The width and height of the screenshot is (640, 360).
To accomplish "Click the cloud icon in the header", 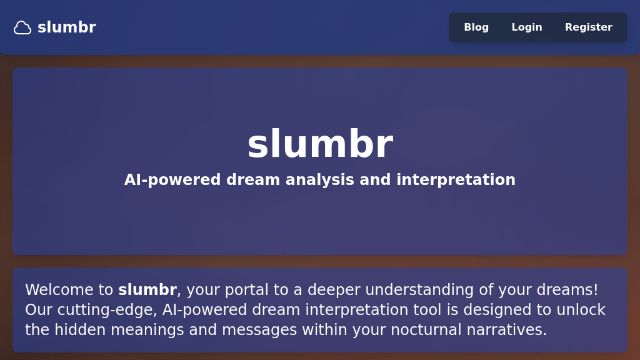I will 22,27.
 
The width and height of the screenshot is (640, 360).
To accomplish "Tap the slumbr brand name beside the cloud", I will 66,27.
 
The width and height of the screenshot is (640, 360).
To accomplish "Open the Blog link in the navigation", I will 476,27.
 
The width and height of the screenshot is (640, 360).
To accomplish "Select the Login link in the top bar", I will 527,27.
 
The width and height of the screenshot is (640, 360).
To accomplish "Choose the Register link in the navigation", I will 589,27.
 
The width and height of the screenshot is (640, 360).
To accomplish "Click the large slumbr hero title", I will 320,144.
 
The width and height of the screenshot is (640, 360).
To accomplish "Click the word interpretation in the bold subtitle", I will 456,180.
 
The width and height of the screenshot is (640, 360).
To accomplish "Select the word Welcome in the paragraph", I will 60,290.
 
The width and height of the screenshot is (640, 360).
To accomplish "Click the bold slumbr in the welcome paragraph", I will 147,290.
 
